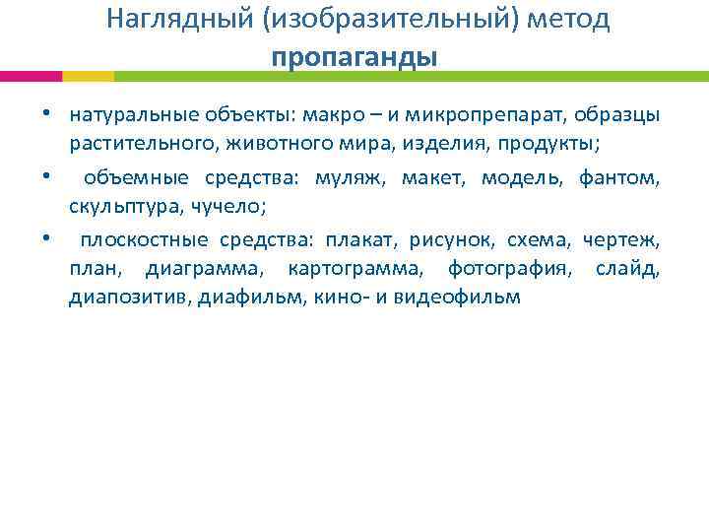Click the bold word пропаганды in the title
[354, 57]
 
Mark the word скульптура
[118, 208]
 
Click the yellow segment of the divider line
[89, 76]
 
